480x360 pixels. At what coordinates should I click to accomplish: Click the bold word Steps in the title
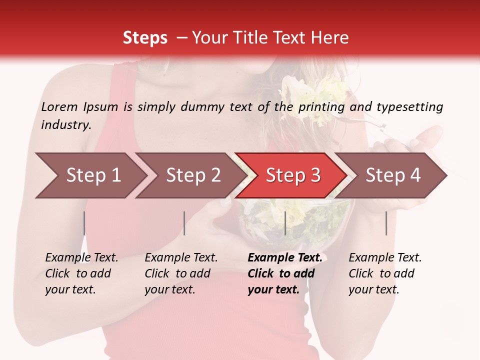point(145,38)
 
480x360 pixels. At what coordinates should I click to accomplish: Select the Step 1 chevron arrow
point(90,175)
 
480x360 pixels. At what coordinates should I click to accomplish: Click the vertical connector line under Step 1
point(84,223)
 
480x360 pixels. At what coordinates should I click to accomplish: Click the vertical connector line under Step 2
point(184,223)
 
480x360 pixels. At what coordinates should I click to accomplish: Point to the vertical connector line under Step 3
point(285,223)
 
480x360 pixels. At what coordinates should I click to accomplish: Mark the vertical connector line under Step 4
point(386,223)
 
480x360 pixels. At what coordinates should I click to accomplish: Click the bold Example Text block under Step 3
point(284,273)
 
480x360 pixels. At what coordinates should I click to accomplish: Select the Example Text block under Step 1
point(81,273)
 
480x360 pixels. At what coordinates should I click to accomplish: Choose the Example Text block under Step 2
point(181,273)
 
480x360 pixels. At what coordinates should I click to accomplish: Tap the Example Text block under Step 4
point(385,273)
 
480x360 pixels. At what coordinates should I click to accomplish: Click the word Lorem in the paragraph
point(59,107)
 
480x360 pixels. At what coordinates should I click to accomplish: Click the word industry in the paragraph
point(65,125)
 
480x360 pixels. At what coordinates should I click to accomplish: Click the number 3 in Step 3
point(315,175)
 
